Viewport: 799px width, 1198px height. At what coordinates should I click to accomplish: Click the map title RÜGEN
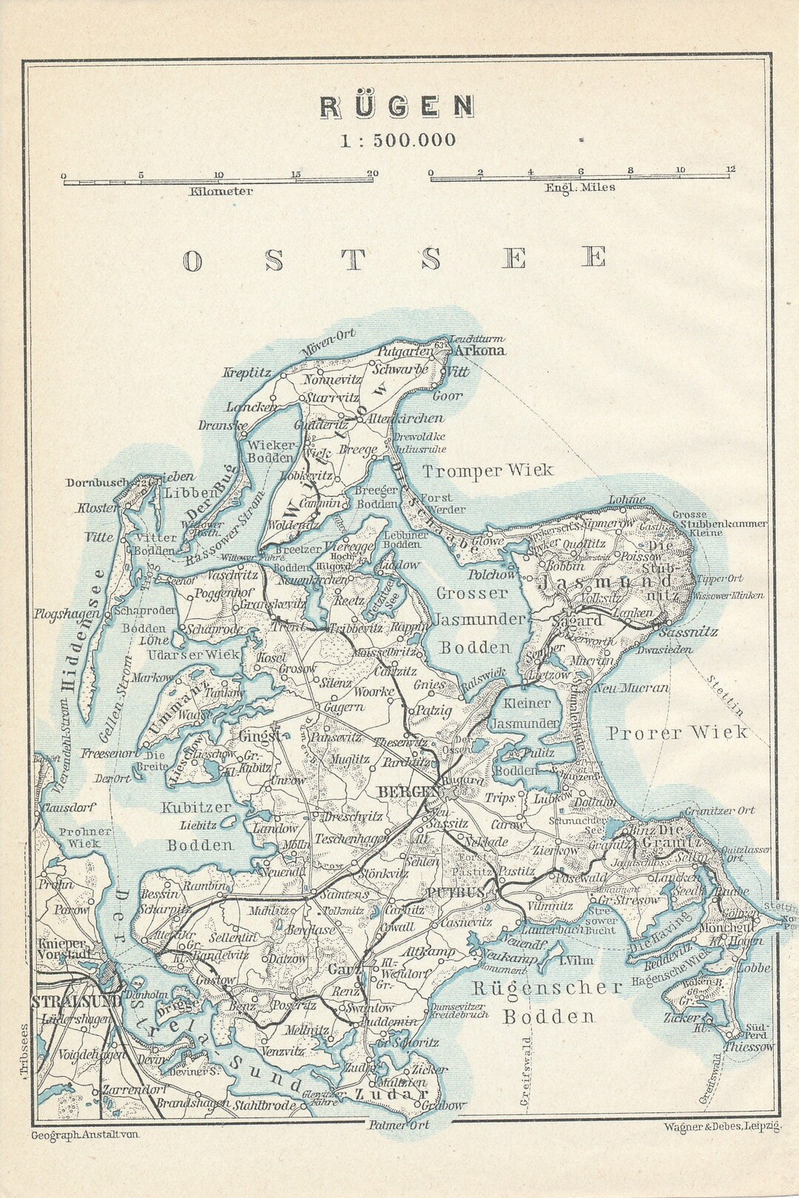pyautogui.click(x=397, y=107)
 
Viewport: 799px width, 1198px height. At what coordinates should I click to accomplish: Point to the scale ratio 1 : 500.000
pyautogui.click(x=397, y=141)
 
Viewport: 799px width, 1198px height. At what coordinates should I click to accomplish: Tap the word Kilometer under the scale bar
pyautogui.click(x=220, y=192)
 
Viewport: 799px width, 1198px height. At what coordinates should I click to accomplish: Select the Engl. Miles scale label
pyautogui.click(x=580, y=188)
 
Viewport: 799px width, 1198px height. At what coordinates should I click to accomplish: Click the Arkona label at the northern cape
pyautogui.click(x=479, y=351)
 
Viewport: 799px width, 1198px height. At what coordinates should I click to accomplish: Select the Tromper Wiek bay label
pyautogui.click(x=488, y=471)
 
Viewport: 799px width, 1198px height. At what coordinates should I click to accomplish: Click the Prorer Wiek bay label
pyautogui.click(x=677, y=733)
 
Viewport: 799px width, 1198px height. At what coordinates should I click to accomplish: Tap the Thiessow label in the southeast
pyautogui.click(x=748, y=1047)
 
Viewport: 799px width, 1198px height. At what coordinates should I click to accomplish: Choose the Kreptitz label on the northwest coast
pyautogui.click(x=247, y=373)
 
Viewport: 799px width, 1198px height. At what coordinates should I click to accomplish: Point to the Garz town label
pyautogui.click(x=344, y=970)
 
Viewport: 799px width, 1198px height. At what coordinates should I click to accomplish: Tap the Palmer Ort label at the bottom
pyautogui.click(x=398, y=1125)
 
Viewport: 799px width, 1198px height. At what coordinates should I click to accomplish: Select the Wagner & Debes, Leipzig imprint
pyautogui.click(x=722, y=1126)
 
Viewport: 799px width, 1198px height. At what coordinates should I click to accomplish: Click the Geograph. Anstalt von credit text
pyautogui.click(x=85, y=1134)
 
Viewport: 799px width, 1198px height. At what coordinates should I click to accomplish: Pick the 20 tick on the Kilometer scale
pyautogui.click(x=373, y=174)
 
